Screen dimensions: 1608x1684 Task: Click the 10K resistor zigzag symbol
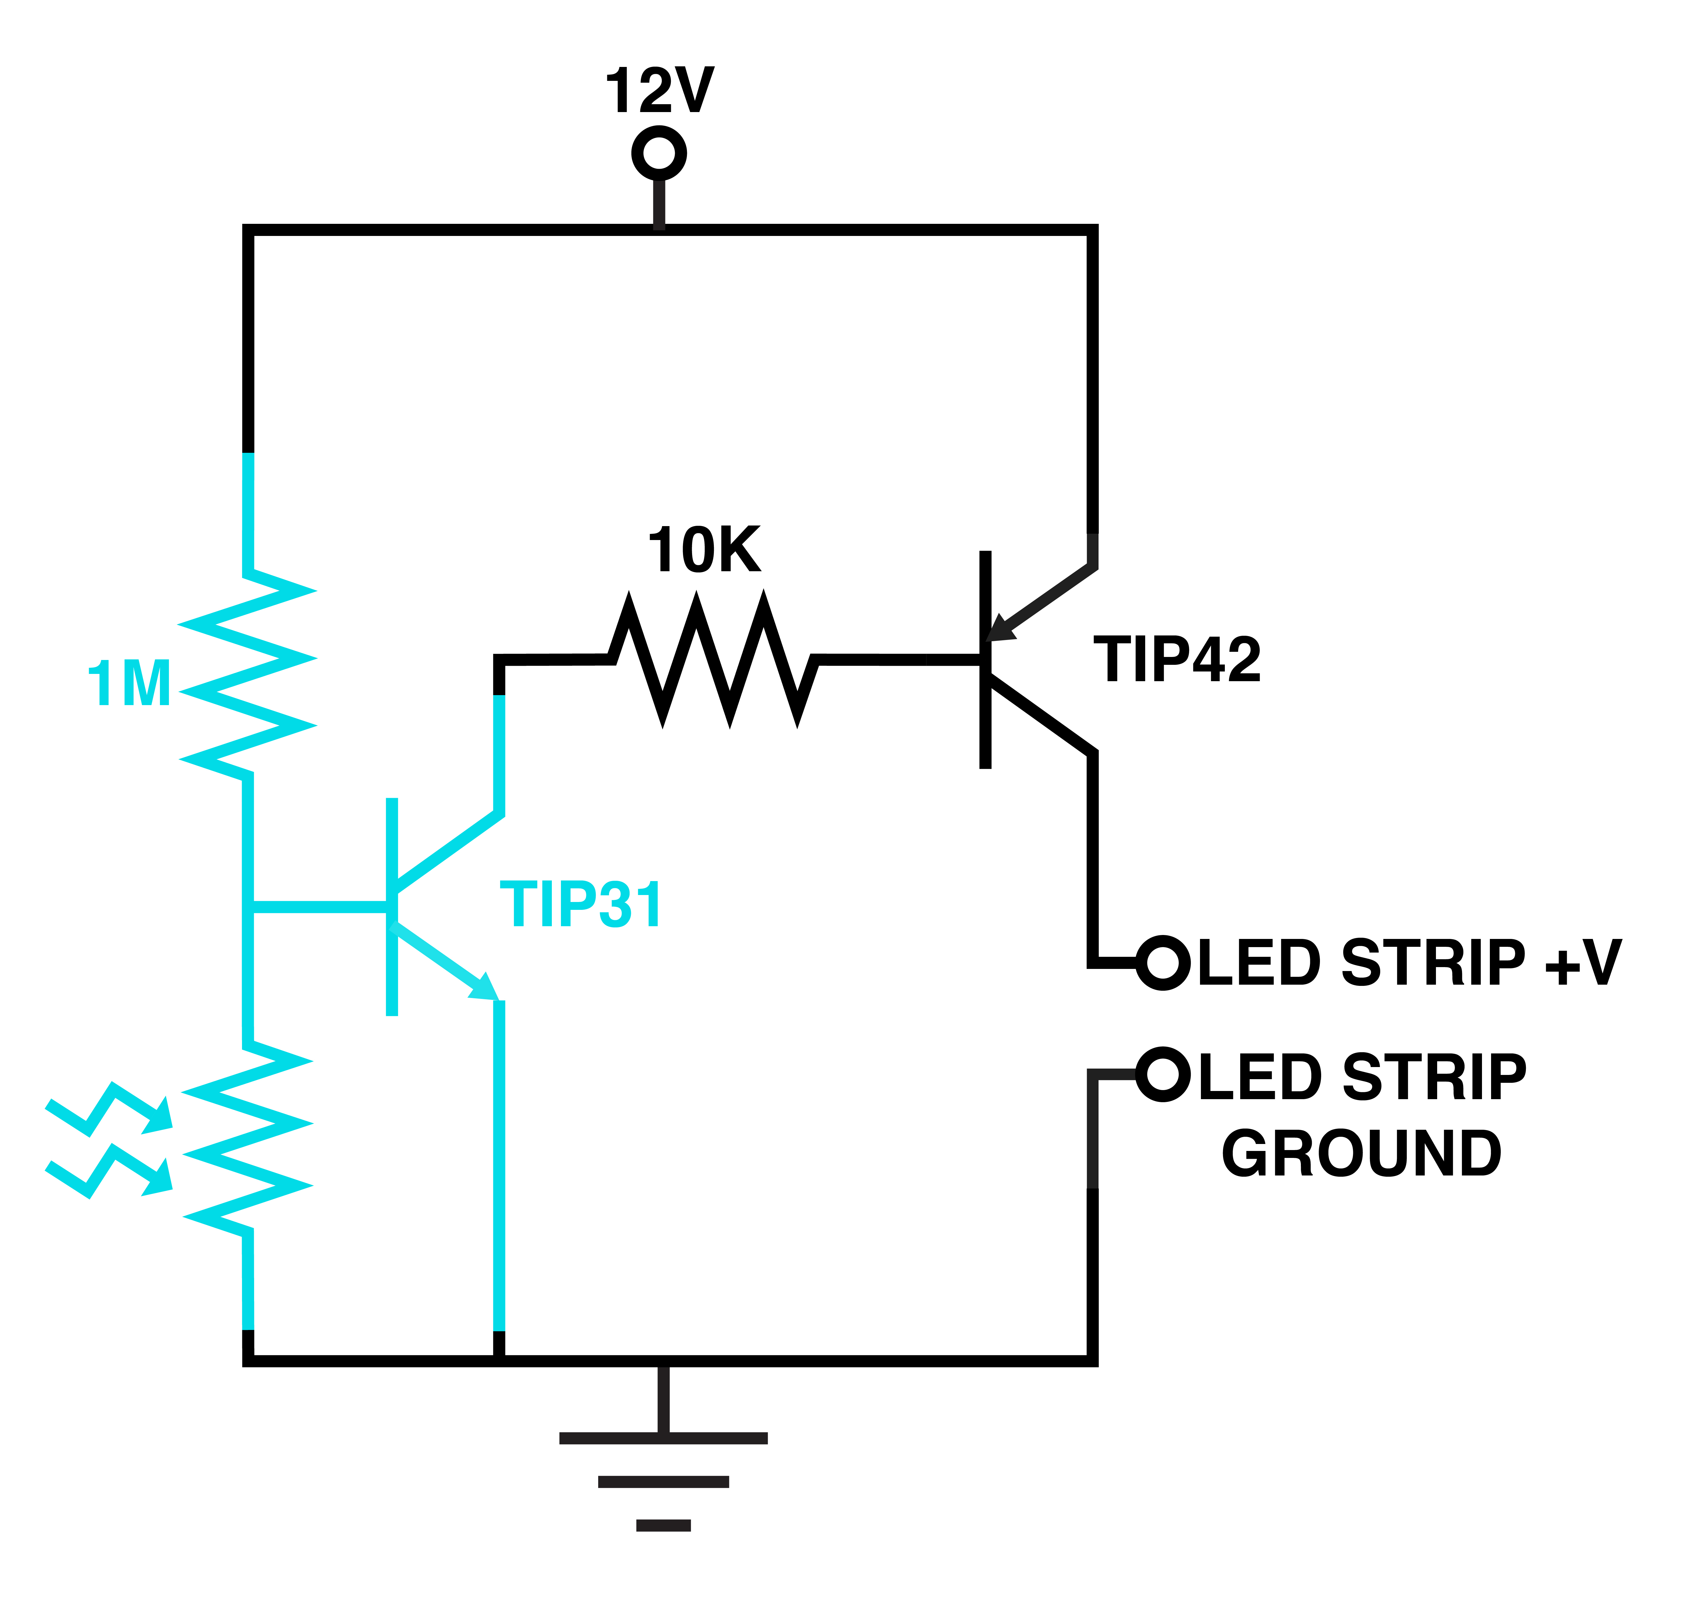[x=713, y=659]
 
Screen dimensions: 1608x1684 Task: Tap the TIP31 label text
[x=580, y=904]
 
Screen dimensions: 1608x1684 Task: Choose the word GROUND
[x=1361, y=1153]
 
